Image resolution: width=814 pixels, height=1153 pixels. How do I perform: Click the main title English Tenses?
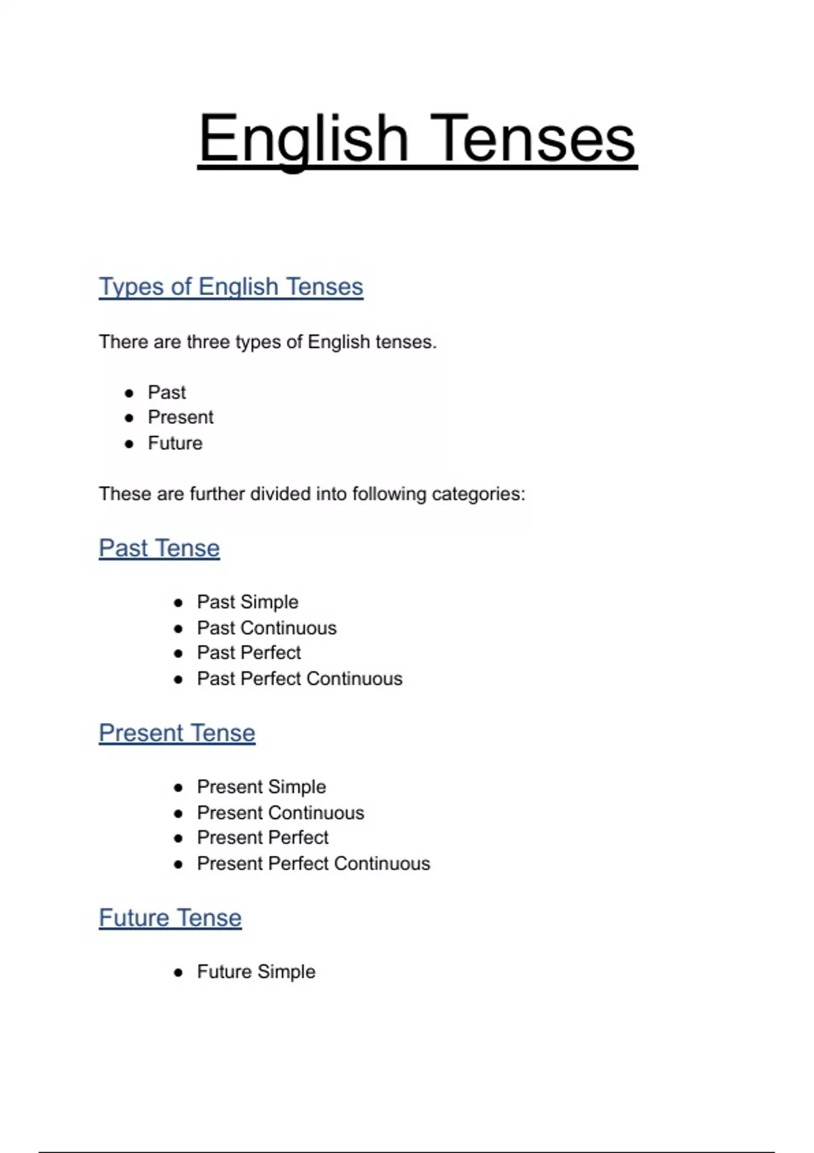(x=416, y=138)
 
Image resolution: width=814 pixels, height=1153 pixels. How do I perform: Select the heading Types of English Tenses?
(x=231, y=287)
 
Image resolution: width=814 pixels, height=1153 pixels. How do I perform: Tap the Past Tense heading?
(x=159, y=548)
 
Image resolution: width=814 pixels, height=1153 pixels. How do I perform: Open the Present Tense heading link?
(x=177, y=733)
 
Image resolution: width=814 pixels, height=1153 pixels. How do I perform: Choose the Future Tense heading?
(x=170, y=918)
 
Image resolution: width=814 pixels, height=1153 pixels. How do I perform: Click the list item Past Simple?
(x=248, y=602)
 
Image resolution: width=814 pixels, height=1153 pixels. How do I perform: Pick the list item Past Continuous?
(x=267, y=628)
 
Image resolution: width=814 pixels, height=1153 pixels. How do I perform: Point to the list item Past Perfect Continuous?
(x=299, y=679)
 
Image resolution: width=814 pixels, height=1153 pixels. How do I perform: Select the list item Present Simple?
(x=261, y=787)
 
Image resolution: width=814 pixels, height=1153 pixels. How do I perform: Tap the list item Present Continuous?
(x=280, y=813)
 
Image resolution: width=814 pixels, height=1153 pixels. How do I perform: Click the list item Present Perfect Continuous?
(x=313, y=863)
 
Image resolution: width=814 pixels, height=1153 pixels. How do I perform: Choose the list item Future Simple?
(x=256, y=972)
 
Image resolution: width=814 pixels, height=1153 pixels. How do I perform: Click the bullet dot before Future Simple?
(x=178, y=973)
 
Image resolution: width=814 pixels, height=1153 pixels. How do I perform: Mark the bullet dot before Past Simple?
(x=178, y=603)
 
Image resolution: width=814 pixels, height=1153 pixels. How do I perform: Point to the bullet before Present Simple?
(x=178, y=787)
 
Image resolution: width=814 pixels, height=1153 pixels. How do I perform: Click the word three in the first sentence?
(x=208, y=342)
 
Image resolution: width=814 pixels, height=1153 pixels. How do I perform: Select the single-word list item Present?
(x=180, y=417)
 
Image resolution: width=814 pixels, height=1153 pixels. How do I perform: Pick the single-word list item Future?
(x=175, y=444)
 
